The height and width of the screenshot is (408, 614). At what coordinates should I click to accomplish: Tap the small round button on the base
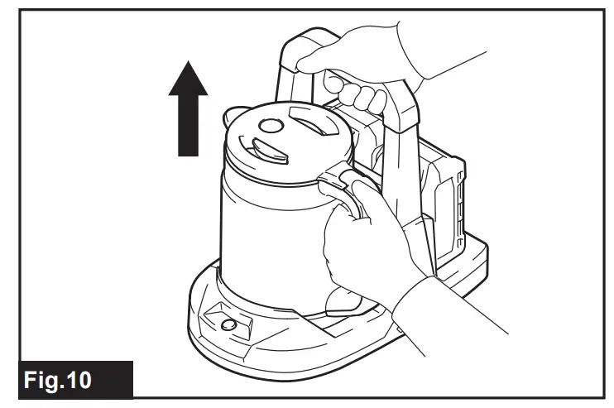[228, 324]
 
